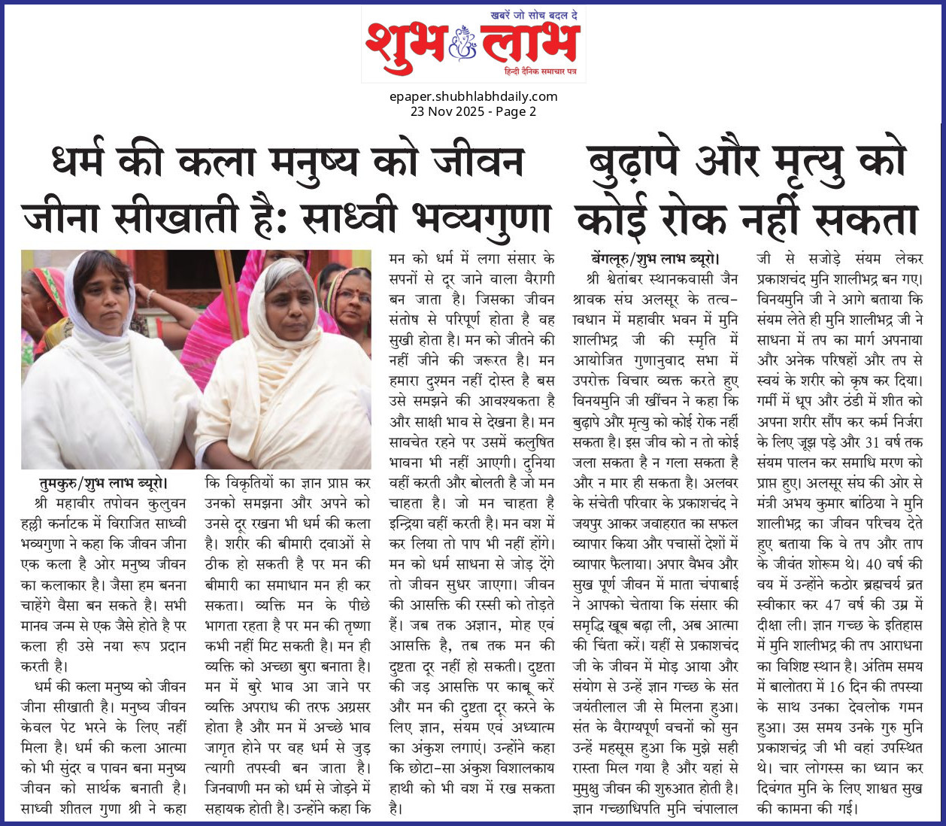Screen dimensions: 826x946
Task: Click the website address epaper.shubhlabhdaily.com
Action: (473, 96)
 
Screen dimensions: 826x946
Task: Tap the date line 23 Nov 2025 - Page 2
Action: (473, 111)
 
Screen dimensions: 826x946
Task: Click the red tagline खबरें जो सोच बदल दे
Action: (534, 15)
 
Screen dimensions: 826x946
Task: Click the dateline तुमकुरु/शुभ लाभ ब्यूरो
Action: (104, 483)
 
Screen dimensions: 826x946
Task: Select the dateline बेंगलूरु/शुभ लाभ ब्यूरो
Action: (656, 259)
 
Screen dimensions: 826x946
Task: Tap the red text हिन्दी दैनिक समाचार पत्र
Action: (540, 71)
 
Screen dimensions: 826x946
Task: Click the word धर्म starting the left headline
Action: (81, 162)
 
